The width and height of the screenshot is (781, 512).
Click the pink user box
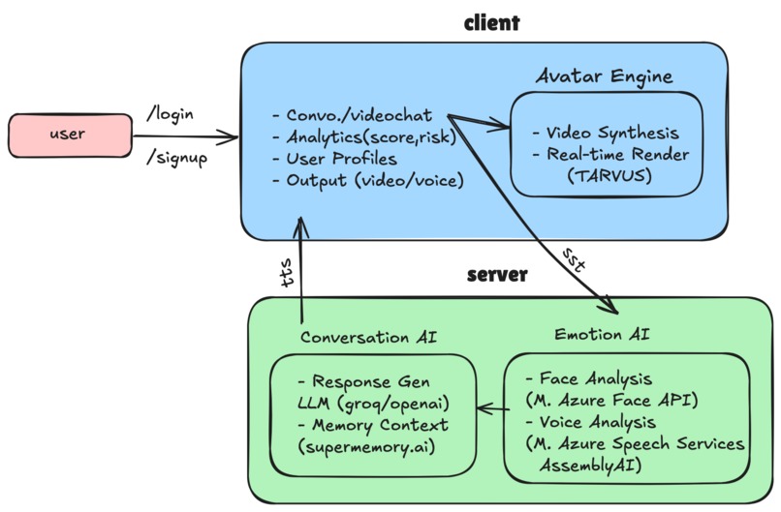tap(69, 135)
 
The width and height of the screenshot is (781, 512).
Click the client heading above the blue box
tap(491, 22)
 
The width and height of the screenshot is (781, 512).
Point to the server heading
tap(497, 275)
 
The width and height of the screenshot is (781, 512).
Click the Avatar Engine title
tap(605, 75)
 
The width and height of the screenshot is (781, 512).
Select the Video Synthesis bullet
tap(607, 133)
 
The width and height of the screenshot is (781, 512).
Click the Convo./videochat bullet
tap(353, 116)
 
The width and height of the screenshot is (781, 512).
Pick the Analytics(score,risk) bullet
tap(364, 137)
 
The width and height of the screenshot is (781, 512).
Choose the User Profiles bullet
tap(335, 159)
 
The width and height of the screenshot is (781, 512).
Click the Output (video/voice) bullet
tap(368, 180)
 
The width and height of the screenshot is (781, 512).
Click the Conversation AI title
tap(368, 337)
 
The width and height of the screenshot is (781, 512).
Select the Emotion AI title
tap(602, 334)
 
